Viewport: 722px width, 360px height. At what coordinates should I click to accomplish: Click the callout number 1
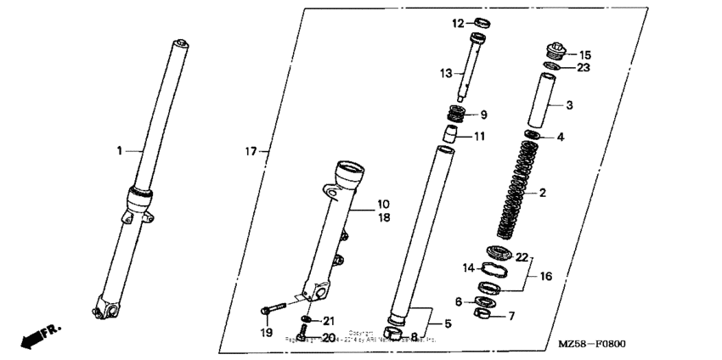point(120,150)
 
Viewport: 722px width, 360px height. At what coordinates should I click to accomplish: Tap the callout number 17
point(251,152)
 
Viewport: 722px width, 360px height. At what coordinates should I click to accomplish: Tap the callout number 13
point(446,74)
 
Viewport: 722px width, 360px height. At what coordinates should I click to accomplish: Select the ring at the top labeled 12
point(481,23)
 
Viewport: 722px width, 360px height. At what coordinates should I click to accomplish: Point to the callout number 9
point(483,115)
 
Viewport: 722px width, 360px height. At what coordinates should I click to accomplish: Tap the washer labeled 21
point(307,321)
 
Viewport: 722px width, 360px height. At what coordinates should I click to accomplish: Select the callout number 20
point(328,337)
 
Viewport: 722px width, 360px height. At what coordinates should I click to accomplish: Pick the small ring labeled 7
point(483,318)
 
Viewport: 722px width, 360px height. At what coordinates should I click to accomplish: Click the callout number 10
point(383,204)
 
